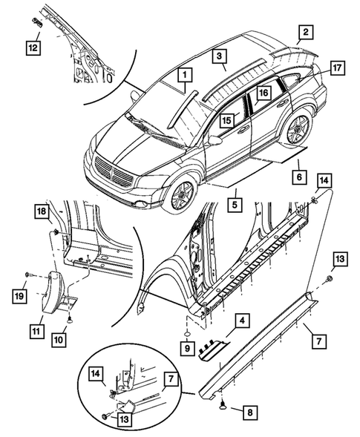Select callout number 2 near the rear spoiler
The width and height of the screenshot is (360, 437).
point(305,32)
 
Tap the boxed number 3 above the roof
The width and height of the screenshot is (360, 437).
point(219,56)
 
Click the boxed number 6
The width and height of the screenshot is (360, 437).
point(298,177)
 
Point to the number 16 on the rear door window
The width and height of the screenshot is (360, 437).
point(262,94)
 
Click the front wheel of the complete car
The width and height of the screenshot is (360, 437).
point(180,194)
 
